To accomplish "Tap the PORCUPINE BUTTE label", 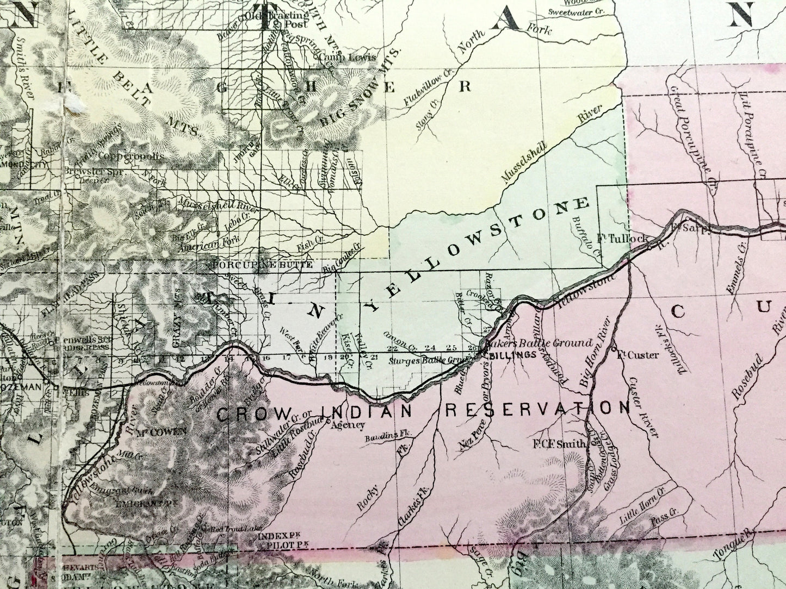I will pos(262,265).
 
